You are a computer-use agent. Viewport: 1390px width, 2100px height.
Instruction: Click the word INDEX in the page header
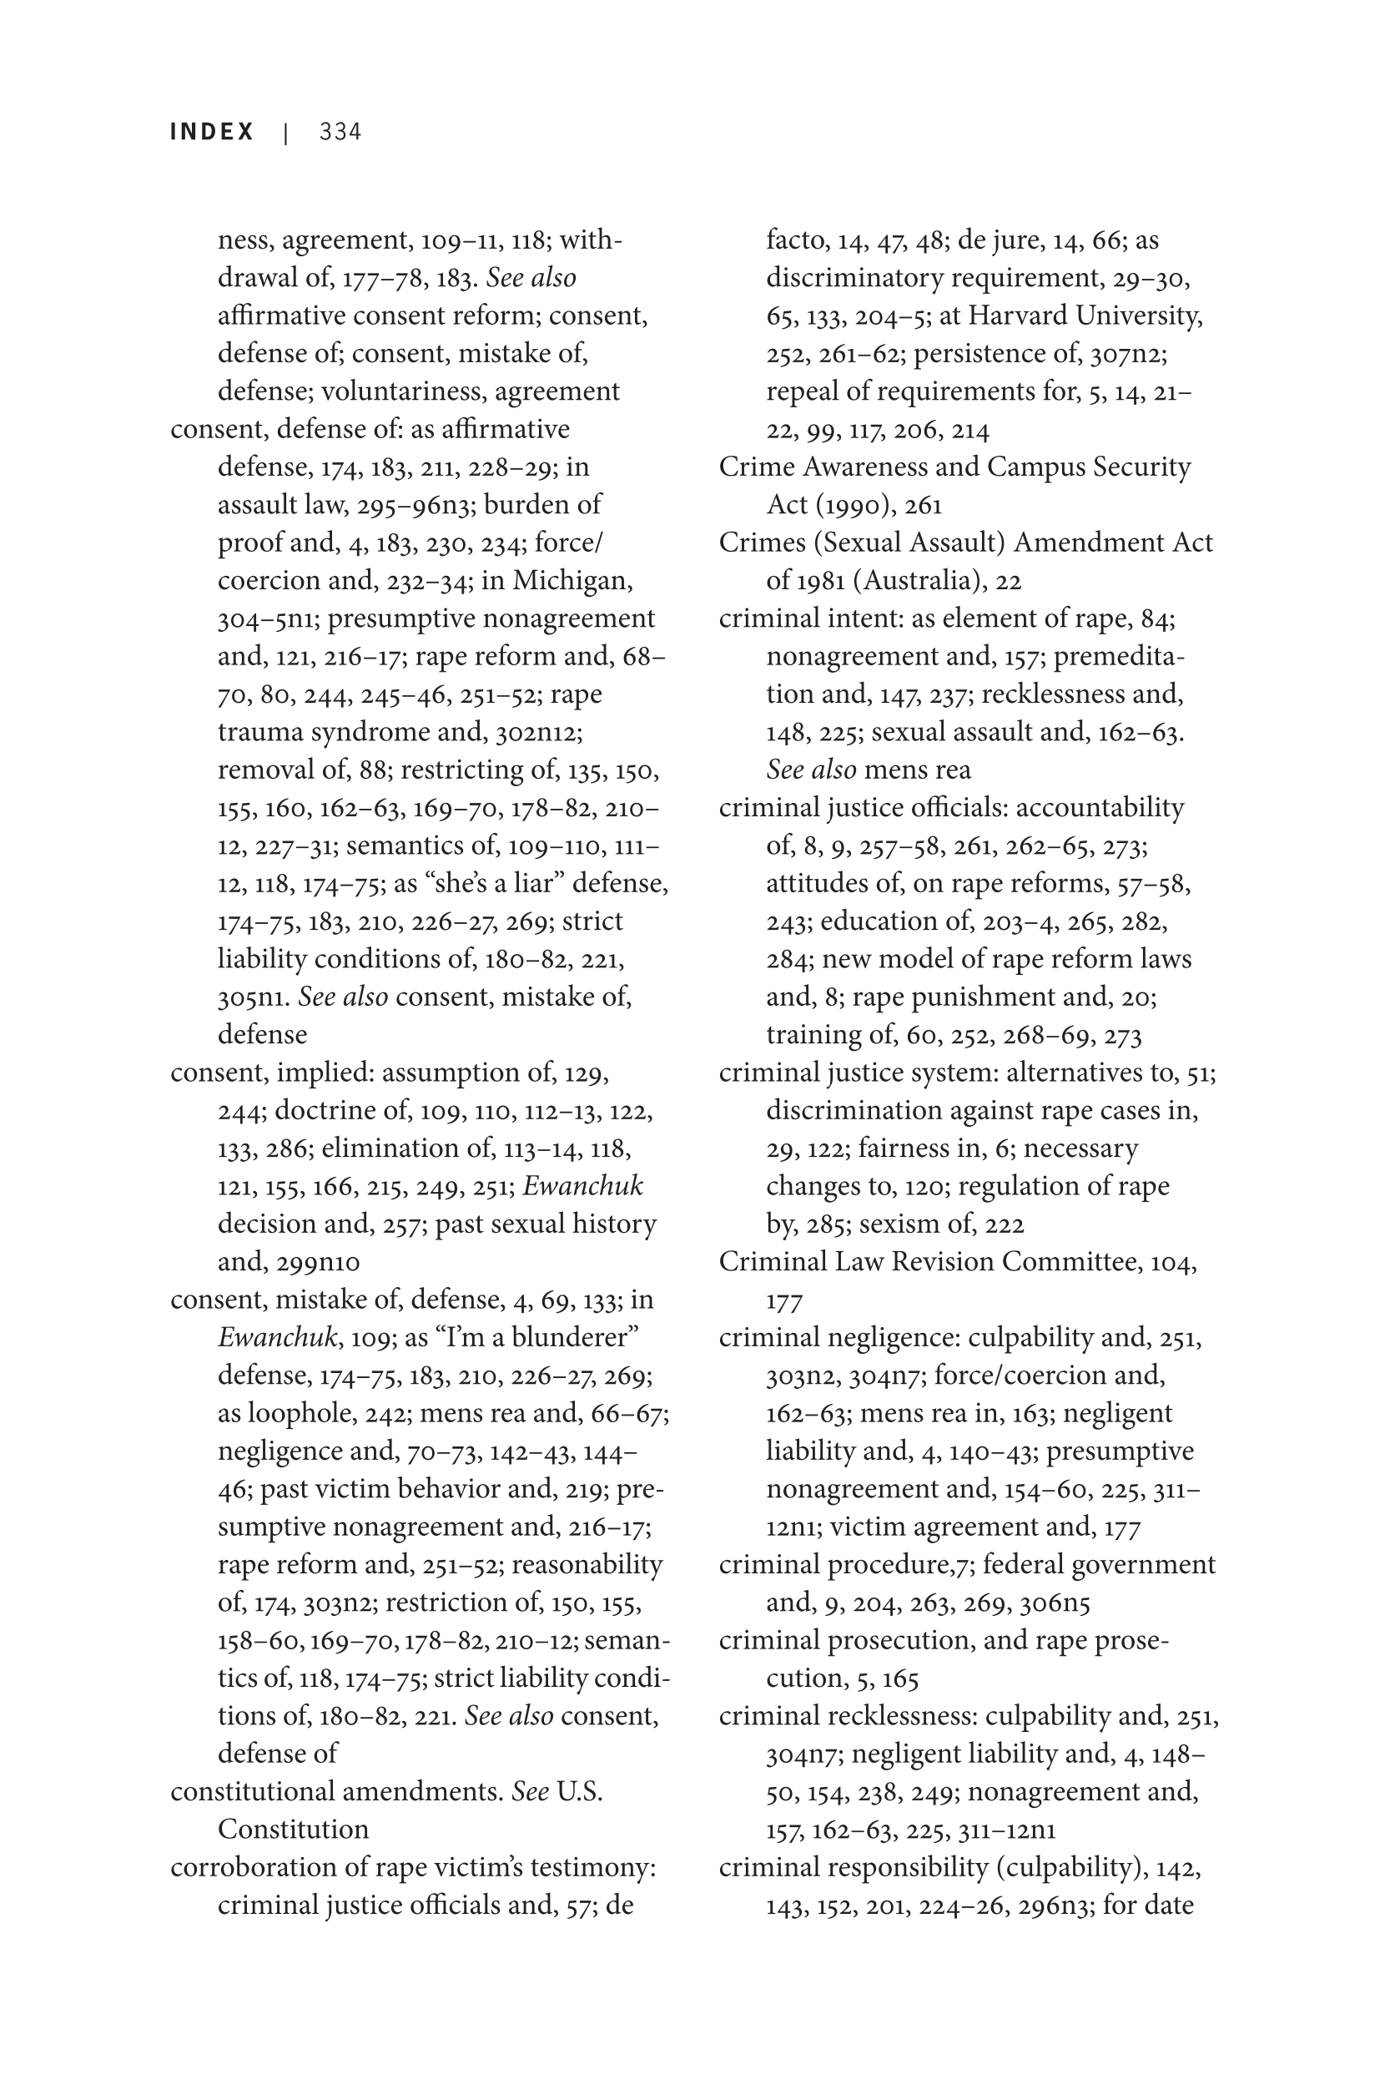pos(212,132)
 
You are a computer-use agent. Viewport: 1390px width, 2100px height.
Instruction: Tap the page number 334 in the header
pos(340,132)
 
